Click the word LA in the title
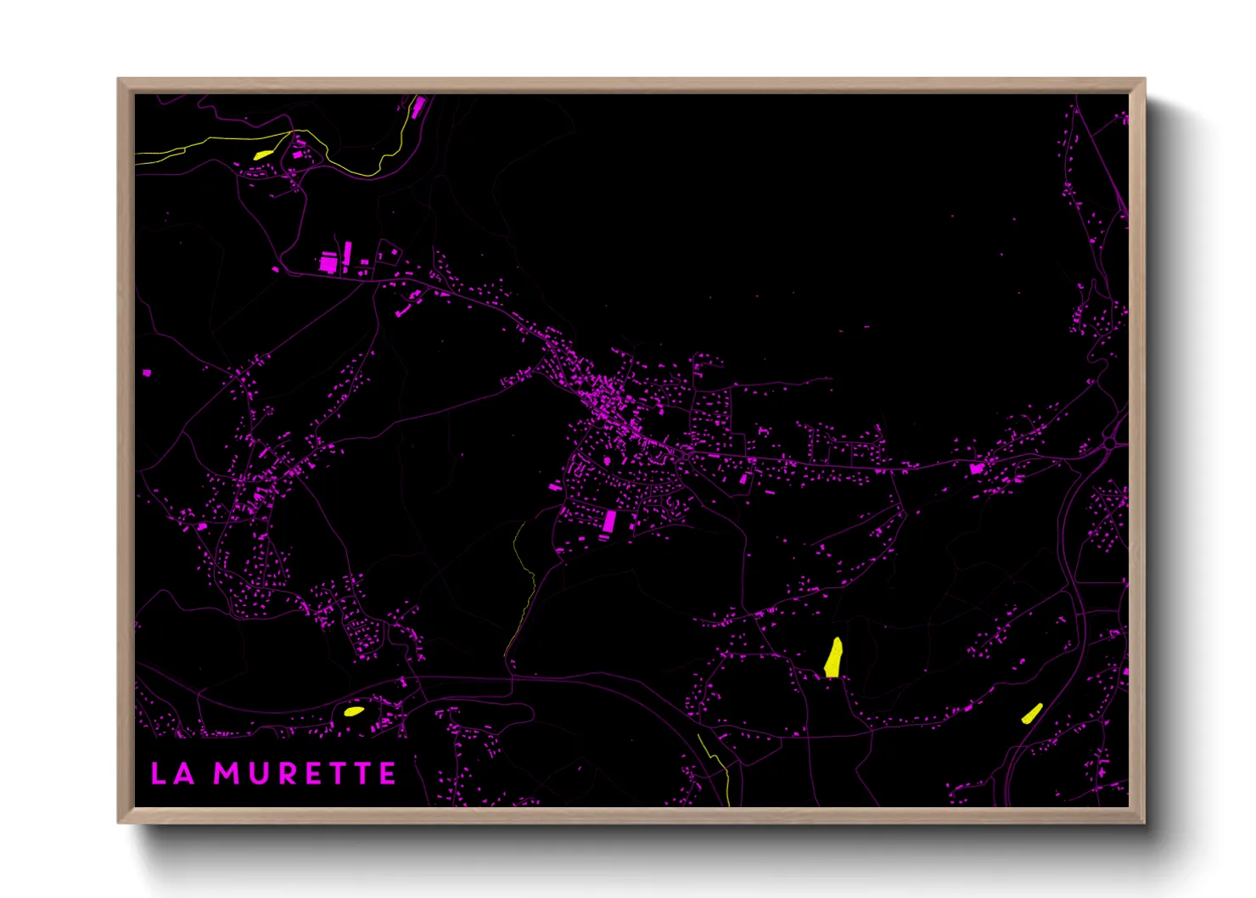172,773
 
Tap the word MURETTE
305,773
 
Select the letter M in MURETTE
227,773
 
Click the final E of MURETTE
387,773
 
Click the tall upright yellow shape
834,658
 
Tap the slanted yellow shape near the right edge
1032,713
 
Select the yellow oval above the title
353,711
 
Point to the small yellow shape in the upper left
262,154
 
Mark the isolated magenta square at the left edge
147,373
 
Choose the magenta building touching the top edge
418,106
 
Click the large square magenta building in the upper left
328,263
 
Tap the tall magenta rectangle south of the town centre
608,520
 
